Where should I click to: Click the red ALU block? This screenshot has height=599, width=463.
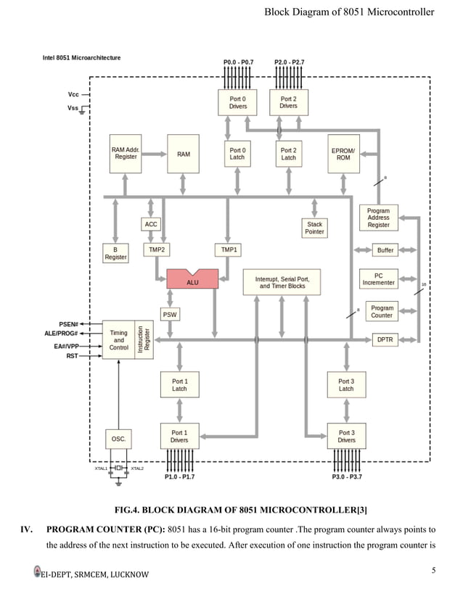tap(192, 280)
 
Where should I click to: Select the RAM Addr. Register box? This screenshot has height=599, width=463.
tap(126, 153)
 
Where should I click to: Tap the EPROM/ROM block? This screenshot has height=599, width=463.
tap(343, 153)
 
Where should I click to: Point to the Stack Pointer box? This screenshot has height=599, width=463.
tap(314, 228)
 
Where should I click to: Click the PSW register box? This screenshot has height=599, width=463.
tap(169, 315)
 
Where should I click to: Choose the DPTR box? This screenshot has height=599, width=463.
tap(384, 339)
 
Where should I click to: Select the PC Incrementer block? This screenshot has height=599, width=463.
tap(378, 279)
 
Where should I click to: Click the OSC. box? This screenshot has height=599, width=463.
tap(118, 439)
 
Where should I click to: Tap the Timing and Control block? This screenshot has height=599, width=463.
tap(119, 340)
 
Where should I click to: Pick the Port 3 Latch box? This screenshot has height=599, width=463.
tap(346, 384)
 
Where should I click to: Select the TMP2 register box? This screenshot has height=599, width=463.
tap(156, 249)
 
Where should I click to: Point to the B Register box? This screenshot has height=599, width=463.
tap(115, 253)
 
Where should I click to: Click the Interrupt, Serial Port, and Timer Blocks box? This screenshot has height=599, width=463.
tap(282, 281)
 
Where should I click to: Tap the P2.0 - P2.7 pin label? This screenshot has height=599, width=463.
tap(290, 63)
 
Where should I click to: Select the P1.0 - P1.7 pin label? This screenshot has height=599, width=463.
tap(179, 476)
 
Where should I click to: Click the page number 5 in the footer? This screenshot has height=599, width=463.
tap(433, 571)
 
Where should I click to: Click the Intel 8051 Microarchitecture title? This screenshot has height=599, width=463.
tap(82, 57)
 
